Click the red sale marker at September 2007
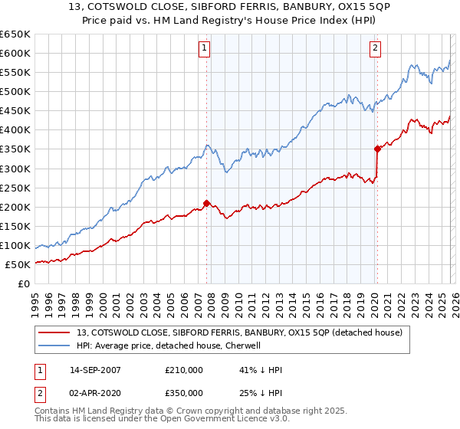pos(206,203)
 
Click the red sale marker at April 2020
pos(376,149)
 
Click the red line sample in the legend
pos(55,332)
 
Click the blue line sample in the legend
pos(55,345)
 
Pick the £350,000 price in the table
pos(184,392)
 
